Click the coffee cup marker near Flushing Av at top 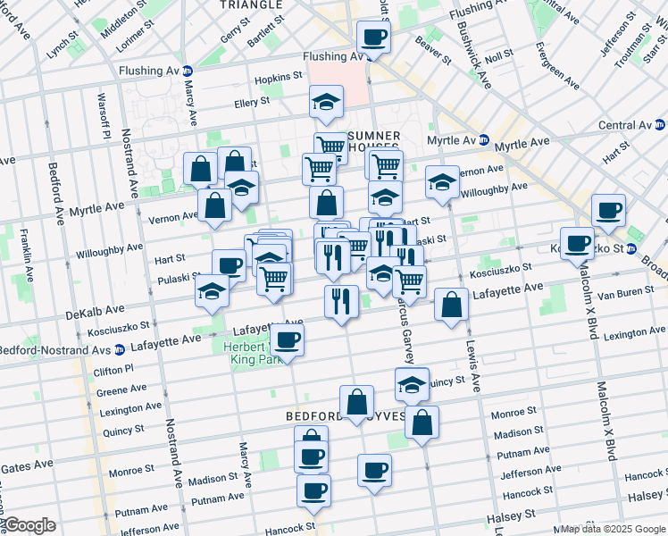[x=373, y=38]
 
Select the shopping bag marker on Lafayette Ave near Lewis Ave [x=452, y=304]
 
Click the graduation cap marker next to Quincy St [x=412, y=385]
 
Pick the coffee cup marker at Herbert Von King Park [x=288, y=340]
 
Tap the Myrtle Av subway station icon [x=483, y=140]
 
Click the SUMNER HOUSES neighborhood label [x=373, y=143]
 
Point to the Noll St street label [x=499, y=55]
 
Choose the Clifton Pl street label [x=116, y=368]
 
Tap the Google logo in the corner [x=29, y=525]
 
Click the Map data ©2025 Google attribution [x=613, y=529]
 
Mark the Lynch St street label [x=63, y=48]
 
